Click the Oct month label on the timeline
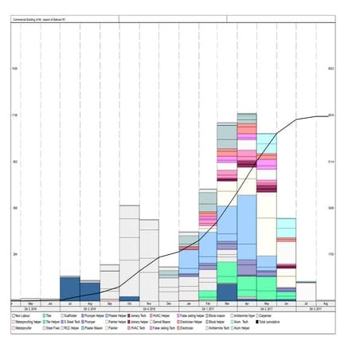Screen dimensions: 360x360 click(x=129, y=303)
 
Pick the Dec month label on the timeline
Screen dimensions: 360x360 click(x=169, y=303)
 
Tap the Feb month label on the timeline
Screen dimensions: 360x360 click(x=208, y=303)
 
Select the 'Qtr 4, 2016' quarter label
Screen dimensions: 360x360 click(x=149, y=309)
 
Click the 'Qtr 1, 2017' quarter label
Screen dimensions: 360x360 click(x=208, y=309)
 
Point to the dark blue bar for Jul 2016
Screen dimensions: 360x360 click(x=69, y=288)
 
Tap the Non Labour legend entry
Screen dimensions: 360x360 click(x=25, y=315)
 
